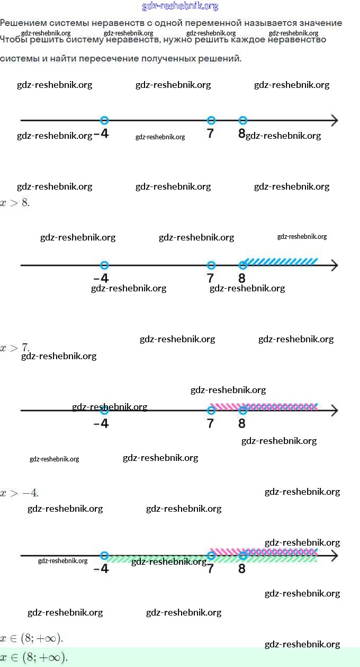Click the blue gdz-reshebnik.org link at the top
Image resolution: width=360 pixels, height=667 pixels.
(x=180, y=6)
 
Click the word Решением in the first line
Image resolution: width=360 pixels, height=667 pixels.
(x=21, y=23)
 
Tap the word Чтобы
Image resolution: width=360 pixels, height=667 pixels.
(x=13, y=40)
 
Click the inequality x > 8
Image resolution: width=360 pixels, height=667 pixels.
(x=15, y=203)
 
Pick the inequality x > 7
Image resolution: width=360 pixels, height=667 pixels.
(x=15, y=348)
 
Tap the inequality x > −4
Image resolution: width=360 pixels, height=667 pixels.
(x=19, y=493)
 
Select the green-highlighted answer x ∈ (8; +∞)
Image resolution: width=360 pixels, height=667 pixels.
(x=34, y=657)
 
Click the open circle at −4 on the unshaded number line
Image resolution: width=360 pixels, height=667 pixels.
(x=104, y=120)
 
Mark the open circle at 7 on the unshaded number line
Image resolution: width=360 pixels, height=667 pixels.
(x=211, y=120)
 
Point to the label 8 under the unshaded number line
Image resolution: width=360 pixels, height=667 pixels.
(x=241, y=134)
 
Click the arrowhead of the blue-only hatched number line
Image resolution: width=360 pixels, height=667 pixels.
(x=334, y=265)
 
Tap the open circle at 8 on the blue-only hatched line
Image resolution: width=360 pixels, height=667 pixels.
(x=243, y=265)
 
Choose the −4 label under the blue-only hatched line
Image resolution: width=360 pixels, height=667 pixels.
(x=101, y=278)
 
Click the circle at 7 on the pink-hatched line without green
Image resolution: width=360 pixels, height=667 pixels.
(x=211, y=411)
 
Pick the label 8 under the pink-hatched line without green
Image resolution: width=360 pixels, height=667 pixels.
(x=242, y=423)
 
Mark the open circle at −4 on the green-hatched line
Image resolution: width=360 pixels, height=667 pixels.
(x=104, y=556)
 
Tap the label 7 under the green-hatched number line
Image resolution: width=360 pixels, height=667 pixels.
(x=210, y=569)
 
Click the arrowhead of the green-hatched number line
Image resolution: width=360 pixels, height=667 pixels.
(x=334, y=556)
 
